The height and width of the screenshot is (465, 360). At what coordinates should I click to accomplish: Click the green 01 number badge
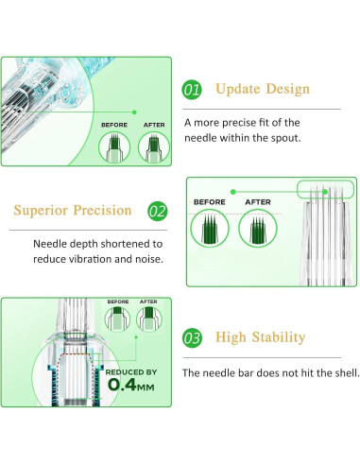point(192,90)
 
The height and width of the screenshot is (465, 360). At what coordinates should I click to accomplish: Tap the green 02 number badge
point(158,211)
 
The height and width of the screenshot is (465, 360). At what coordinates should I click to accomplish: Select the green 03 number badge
point(192,338)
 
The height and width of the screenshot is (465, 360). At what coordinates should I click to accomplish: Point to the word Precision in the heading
point(102,210)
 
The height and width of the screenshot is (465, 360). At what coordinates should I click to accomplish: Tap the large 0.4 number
point(122,385)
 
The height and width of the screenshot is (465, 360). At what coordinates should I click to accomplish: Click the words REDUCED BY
point(131,372)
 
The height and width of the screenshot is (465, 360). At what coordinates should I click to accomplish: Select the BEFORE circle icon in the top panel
point(114,147)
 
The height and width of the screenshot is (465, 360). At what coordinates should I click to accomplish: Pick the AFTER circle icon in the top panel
point(154,147)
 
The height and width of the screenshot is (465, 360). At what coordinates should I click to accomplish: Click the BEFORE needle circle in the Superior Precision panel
point(210,228)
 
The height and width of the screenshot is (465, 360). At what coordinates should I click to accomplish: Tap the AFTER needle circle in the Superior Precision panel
point(258,228)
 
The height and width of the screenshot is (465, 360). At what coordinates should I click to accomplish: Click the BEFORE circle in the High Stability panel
point(117,319)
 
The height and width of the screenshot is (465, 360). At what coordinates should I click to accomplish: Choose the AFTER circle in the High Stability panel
point(149,319)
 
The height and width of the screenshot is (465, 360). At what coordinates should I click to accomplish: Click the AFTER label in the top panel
point(154,125)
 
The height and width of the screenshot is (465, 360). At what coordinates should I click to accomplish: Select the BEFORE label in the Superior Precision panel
point(210,202)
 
